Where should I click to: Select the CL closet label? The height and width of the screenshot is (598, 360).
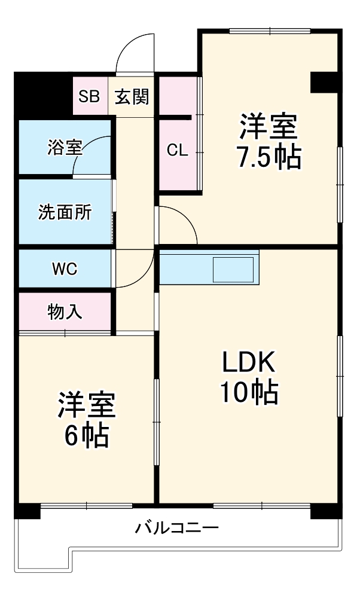point(177,150)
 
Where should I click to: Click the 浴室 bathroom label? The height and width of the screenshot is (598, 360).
point(65,147)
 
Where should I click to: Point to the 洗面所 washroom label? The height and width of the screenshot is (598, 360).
point(65,212)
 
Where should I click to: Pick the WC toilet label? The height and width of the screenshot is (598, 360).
point(65,269)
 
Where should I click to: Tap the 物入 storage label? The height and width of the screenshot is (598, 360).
point(65,312)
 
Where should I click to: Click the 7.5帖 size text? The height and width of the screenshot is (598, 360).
point(269,157)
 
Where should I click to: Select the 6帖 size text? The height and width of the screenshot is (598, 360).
point(86,437)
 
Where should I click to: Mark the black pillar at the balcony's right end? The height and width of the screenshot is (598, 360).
point(325,512)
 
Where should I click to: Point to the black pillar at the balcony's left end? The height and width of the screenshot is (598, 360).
point(28,511)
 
